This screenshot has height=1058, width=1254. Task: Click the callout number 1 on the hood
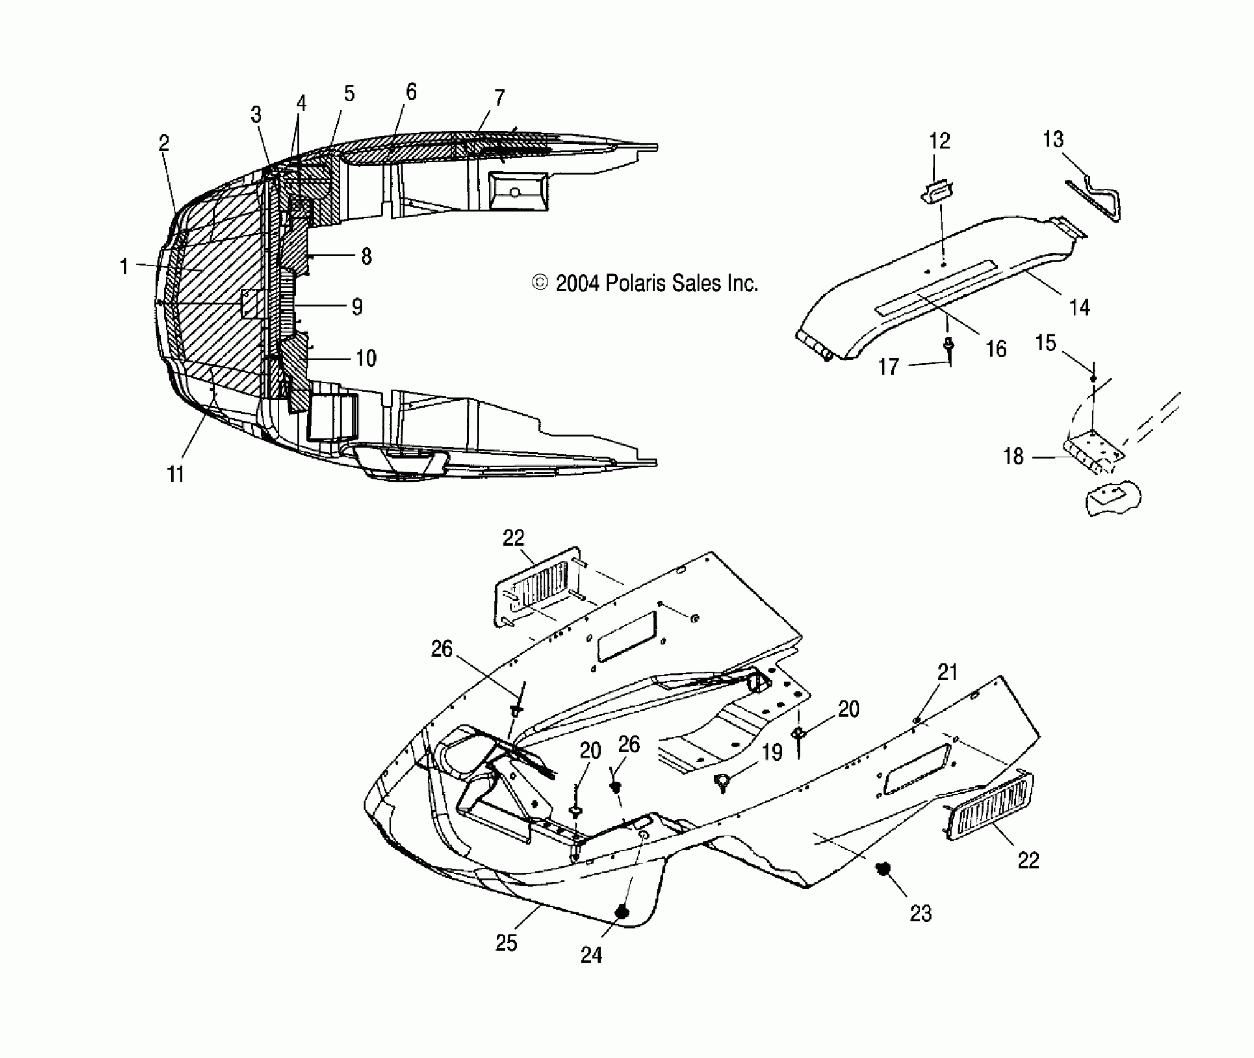[124, 266]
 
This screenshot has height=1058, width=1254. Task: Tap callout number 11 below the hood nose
[175, 474]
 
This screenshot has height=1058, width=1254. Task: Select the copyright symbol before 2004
[540, 283]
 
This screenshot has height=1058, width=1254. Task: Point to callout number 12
[939, 141]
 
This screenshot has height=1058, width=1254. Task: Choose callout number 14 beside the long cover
[1079, 307]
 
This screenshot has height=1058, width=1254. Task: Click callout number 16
[996, 349]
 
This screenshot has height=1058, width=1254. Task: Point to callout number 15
[1046, 342]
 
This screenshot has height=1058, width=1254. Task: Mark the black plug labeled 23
[882, 869]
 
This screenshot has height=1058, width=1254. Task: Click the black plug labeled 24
[620, 912]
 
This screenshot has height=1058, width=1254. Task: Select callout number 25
[506, 942]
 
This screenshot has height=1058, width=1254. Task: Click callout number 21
[947, 672]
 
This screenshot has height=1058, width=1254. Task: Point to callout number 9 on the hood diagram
[357, 306]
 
